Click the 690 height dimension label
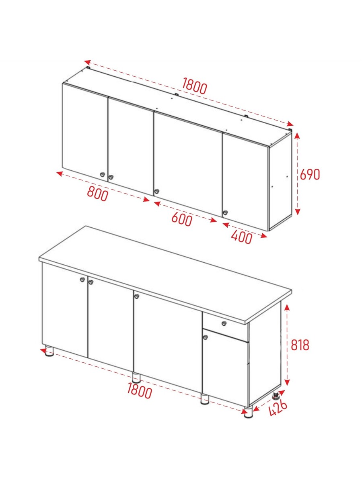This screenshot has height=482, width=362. pos(310,175)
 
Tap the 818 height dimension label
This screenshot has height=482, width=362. pos(300,345)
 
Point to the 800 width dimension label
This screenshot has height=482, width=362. pos(98,194)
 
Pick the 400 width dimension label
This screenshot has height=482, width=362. pos(241,237)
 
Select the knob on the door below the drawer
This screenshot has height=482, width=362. pos(205,337)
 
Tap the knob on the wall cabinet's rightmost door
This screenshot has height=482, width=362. pos(225,212)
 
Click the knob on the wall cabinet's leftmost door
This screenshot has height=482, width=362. pos(103,175)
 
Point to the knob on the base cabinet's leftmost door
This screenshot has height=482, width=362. pos(82,280)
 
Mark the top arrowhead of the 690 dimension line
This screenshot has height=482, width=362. pos(297,136)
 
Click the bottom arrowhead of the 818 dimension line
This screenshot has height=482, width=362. pos(287,382)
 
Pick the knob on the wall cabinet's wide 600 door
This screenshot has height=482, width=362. pos(156,191)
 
